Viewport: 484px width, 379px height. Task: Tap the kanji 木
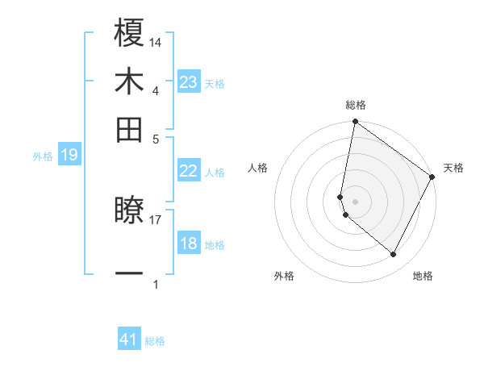coord(129,81)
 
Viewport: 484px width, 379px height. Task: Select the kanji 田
coord(129,130)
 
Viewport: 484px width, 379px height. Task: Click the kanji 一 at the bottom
coord(129,274)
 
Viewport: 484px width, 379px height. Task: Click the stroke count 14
coord(156,41)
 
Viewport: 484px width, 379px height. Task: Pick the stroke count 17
coord(156,218)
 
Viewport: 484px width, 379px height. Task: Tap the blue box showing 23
coord(189,82)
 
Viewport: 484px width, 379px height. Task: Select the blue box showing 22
coord(188,171)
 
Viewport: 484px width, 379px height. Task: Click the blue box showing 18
coord(188,244)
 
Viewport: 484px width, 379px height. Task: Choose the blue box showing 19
coord(69,155)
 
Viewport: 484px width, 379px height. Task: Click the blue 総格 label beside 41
coord(155,341)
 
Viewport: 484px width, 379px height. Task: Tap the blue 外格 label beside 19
coord(43,156)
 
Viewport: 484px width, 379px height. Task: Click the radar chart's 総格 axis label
coord(356,105)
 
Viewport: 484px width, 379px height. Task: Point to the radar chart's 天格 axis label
coord(453,168)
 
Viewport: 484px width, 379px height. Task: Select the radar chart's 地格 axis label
coord(423,276)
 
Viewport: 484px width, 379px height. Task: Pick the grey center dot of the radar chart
coord(356,201)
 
